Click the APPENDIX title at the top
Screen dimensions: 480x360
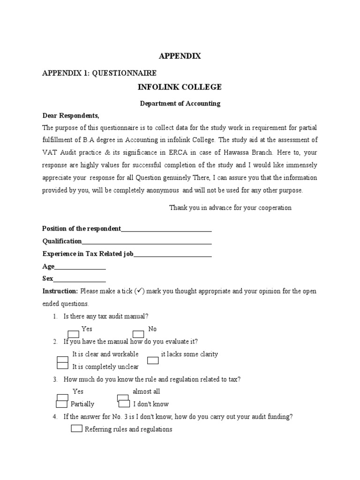(x=180, y=56)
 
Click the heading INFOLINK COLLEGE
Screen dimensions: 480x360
(x=180, y=87)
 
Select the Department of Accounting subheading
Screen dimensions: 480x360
(x=180, y=104)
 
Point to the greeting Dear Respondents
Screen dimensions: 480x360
(x=71, y=115)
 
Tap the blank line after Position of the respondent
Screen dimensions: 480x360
(x=166, y=229)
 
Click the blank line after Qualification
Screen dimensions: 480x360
(x=147, y=241)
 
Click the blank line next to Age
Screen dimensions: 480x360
(x=80, y=267)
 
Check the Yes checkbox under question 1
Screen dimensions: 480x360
(x=74, y=334)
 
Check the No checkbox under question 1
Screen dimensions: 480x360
(x=138, y=334)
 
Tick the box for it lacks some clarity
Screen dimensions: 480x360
(x=153, y=360)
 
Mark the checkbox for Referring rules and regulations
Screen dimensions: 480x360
(x=77, y=428)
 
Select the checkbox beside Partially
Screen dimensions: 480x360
(x=62, y=404)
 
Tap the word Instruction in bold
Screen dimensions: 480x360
(x=60, y=291)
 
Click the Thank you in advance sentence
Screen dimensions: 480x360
(x=230, y=208)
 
